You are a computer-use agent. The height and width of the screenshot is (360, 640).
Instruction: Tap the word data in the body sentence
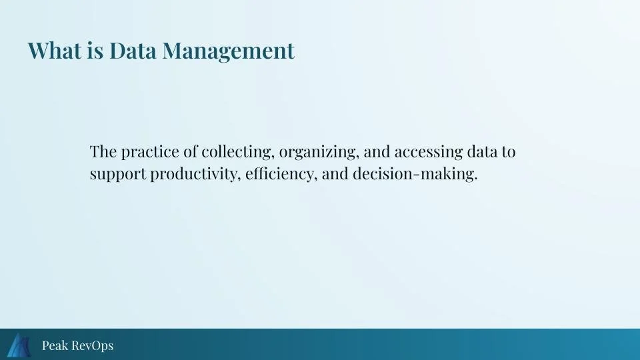coord(481,152)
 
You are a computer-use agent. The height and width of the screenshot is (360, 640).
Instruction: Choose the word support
coord(118,175)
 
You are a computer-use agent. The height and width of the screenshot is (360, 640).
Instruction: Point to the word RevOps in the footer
coord(92,345)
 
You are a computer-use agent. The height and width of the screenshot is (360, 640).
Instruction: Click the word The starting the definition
coord(103,152)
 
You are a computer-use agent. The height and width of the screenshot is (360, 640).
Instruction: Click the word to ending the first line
coord(509,152)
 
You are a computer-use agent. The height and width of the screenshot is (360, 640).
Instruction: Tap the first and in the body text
coord(377,152)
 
